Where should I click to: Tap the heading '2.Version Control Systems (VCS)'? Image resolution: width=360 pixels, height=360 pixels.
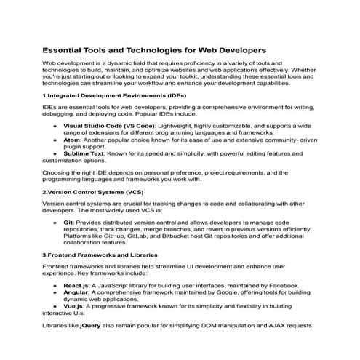[x=92, y=192]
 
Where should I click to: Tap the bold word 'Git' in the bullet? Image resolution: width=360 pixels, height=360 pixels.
[x=68, y=222]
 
